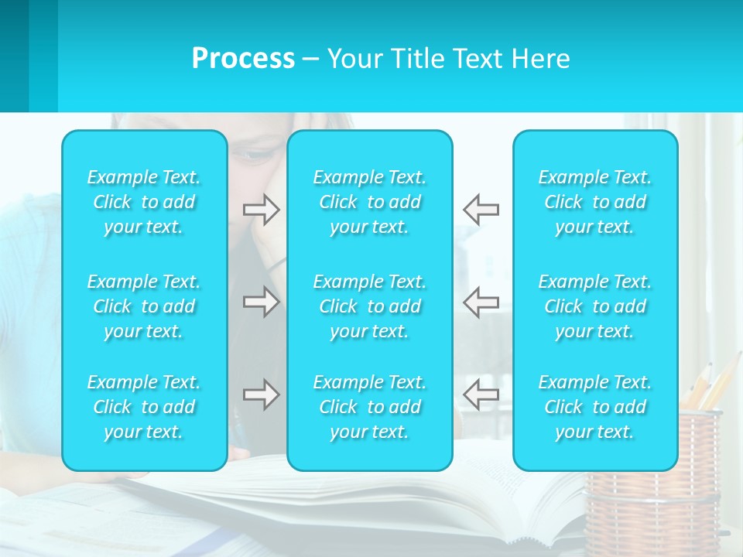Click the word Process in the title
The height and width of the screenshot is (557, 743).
tap(243, 59)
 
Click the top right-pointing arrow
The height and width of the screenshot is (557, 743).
tap(262, 210)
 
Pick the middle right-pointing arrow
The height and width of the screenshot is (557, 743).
tap(262, 302)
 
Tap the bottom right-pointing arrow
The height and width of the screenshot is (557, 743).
tap(262, 395)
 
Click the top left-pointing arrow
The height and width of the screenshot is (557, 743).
tap(481, 210)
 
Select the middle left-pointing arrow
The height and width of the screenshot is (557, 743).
tap(481, 302)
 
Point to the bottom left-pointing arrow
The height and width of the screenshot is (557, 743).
tap(481, 395)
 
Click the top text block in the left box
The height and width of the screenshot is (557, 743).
tap(144, 202)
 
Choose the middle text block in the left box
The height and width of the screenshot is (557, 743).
tap(144, 306)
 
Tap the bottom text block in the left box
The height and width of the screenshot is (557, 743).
tap(144, 407)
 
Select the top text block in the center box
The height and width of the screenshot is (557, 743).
tap(370, 202)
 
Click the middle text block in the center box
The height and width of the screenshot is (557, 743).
tap(370, 306)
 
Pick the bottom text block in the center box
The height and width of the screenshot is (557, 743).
tap(370, 407)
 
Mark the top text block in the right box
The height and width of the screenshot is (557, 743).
tap(595, 202)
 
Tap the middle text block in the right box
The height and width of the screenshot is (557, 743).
tap(595, 306)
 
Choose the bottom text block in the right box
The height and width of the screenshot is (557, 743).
tap(595, 407)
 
